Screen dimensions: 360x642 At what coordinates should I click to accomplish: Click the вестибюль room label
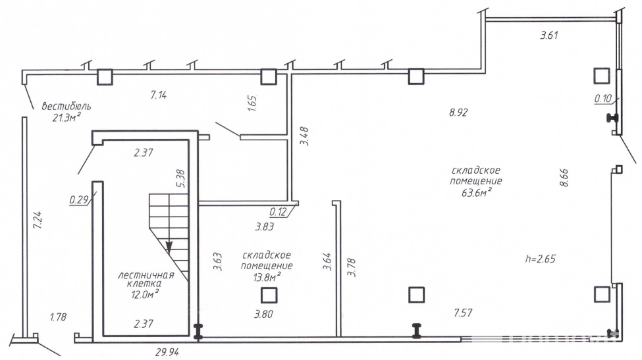tap(66, 106)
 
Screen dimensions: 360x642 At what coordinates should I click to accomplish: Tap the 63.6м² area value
tap(476, 192)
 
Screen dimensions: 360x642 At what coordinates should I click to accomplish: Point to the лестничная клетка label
tap(146, 280)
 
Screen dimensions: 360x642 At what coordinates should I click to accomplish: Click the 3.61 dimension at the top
tap(549, 36)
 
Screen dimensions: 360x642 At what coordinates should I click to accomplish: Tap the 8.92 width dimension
tap(458, 113)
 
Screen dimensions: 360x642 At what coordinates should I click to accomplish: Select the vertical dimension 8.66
tap(564, 178)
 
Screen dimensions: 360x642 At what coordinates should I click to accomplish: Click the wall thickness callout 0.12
tap(278, 212)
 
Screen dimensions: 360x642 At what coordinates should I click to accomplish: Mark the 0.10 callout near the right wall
tap(603, 99)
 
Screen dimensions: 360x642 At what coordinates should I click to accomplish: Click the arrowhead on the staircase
tap(169, 247)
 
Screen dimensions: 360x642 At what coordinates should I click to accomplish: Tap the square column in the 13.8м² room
tap(268, 296)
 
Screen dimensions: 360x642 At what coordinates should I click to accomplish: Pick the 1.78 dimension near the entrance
tap(59, 318)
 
